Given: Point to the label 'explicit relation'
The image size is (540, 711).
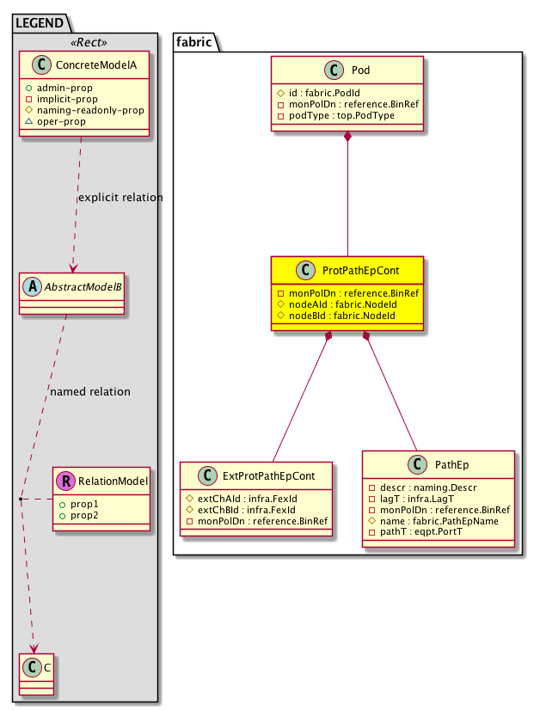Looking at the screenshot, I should coord(120,198).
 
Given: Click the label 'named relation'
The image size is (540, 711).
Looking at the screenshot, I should coord(90,392).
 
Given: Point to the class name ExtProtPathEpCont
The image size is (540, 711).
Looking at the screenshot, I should coord(268,475).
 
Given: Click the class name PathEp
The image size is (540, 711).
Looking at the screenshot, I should coord(450,464).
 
